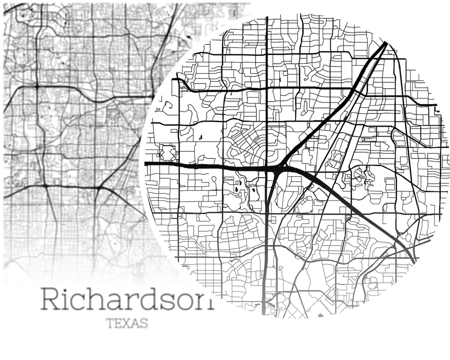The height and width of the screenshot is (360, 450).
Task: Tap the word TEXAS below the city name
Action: pos(127,323)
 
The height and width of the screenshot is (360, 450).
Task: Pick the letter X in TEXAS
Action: pos(127,323)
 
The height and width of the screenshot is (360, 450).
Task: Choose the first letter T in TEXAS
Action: pos(110,323)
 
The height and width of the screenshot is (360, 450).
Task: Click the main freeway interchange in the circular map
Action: pos(277,170)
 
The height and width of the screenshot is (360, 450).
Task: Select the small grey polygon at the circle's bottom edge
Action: pos(320,315)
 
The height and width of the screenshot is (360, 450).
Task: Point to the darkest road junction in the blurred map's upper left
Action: pos(36,86)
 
